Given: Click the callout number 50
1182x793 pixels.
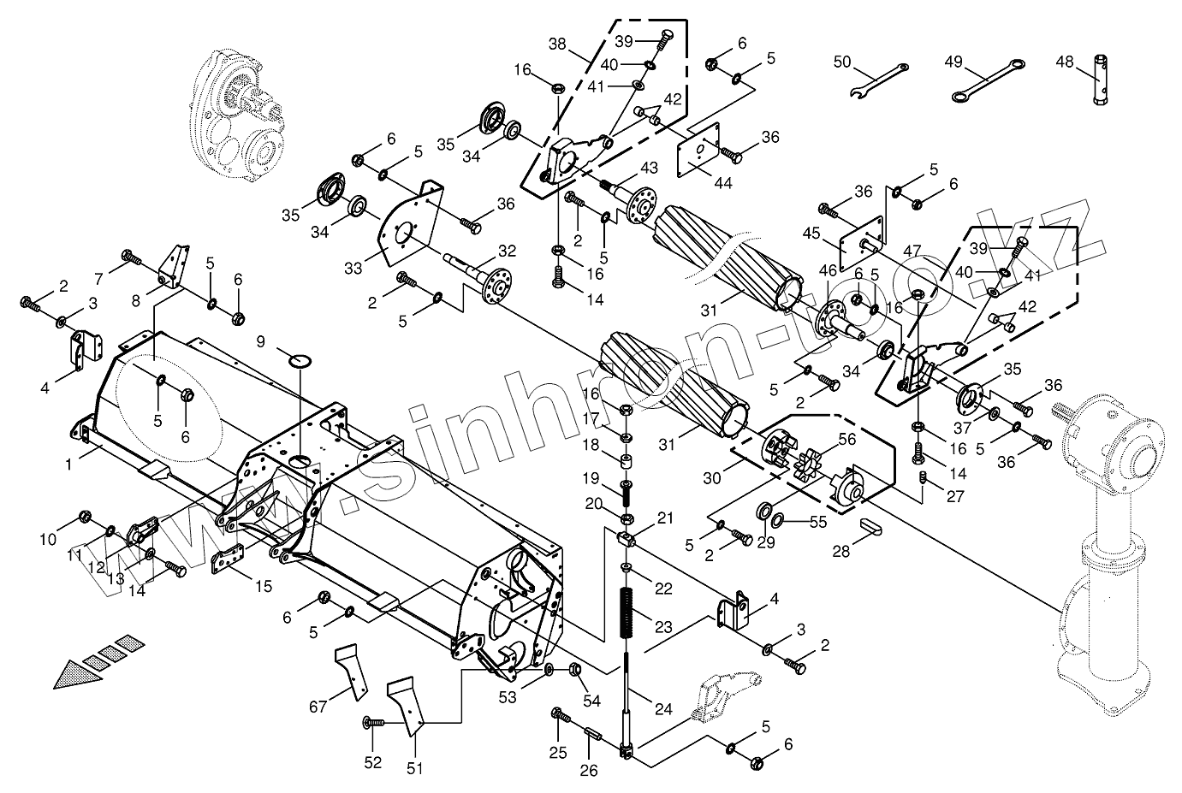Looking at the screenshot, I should pos(842,61).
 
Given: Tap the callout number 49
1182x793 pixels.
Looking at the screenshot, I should pos(953,61).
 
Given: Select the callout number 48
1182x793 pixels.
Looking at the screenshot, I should pos(1064,61).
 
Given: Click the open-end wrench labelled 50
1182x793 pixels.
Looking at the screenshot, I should pos(880,78).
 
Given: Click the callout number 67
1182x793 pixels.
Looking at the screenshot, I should pos(318,706).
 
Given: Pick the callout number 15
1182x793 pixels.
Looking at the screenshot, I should pos(263,586).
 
